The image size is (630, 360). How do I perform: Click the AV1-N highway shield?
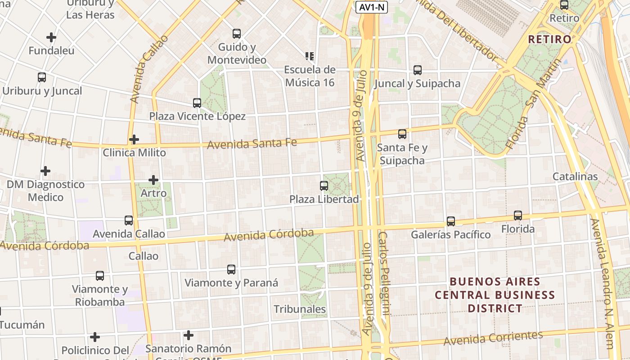[371, 7]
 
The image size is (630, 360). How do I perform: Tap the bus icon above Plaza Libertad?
[324, 185]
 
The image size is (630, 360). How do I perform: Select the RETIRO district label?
[549, 39]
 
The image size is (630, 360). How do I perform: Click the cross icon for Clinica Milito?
[134, 139]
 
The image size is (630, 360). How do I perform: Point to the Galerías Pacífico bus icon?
[451, 221]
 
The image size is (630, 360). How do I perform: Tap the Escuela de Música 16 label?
[310, 76]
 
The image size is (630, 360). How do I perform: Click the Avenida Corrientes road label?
[493, 338]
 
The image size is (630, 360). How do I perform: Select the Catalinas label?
[575, 176]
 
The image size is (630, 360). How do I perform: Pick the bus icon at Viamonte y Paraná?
[231, 270]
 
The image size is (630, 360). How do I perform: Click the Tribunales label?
[300, 309]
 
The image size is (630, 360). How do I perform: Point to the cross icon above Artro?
[153, 180]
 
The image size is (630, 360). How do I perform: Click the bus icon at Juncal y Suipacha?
[417, 70]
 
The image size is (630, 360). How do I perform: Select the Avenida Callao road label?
[148, 68]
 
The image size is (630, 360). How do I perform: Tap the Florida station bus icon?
[518, 216]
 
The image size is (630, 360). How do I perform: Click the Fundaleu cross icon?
[51, 37]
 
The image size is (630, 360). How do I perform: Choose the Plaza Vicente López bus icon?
[197, 103]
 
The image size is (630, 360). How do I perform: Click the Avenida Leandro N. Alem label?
[602, 283]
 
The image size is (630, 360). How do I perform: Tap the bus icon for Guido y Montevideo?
[236, 34]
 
